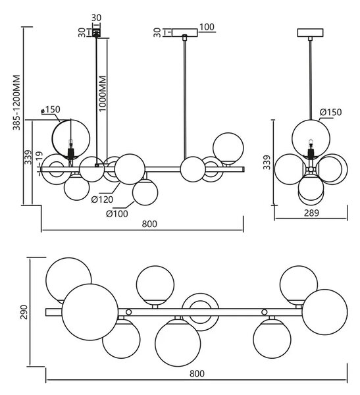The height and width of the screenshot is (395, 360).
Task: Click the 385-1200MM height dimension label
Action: [16, 102]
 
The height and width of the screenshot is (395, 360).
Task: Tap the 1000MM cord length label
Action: [103, 93]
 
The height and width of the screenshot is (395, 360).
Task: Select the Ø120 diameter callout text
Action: [102, 199]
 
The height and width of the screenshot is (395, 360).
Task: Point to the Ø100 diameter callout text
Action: [117, 213]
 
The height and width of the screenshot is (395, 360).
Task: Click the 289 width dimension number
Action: [311, 213]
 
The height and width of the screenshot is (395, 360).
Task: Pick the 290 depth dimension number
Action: [24, 312]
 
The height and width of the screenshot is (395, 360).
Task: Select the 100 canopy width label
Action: [207, 27]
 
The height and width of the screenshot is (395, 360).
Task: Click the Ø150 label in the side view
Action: [331, 112]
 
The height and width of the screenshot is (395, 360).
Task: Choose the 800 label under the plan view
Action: [197, 373]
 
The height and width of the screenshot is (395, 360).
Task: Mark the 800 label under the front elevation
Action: [149, 224]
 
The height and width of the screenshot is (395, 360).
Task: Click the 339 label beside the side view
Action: [267, 163]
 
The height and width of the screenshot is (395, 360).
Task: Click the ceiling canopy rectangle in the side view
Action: [311, 33]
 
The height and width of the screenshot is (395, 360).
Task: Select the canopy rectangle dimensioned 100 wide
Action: [185, 33]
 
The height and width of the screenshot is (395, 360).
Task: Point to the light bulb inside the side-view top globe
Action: [311, 143]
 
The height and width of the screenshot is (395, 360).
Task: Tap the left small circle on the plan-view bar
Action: [128, 312]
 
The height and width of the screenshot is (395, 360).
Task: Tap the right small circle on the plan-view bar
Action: [265, 312]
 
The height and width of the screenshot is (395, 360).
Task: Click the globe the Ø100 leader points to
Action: [145, 193]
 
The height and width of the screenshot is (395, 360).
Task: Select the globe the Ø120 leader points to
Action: [130, 169]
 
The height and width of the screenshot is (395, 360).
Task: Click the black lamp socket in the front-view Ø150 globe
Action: [71, 153]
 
